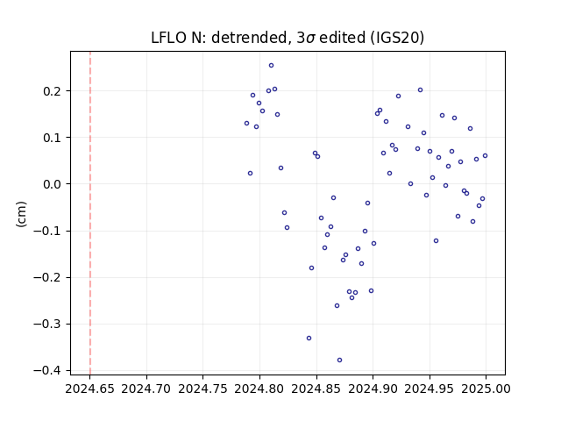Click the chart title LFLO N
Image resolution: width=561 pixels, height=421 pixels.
(176, 38)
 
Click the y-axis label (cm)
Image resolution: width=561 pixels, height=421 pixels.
(21, 214)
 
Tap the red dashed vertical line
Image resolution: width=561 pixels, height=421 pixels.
(90, 213)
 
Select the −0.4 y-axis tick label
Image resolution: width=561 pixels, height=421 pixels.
(52, 371)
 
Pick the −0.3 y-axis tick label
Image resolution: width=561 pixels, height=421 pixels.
(52, 325)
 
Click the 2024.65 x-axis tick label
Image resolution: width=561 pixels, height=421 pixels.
(89, 389)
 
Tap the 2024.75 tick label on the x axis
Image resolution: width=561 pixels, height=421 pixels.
(202, 389)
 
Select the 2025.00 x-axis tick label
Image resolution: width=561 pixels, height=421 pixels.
(486, 389)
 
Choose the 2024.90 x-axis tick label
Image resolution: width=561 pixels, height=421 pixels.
(373, 389)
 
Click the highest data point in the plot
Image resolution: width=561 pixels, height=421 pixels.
(271, 66)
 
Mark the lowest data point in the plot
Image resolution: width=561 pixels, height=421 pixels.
(339, 360)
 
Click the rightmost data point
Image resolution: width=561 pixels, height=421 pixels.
(485, 156)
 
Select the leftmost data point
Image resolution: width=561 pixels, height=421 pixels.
(246, 124)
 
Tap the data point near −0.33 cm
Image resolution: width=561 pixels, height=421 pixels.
(309, 339)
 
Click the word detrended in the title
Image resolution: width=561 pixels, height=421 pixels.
(249, 38)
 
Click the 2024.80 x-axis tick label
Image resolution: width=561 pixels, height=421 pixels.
(259, 389)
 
